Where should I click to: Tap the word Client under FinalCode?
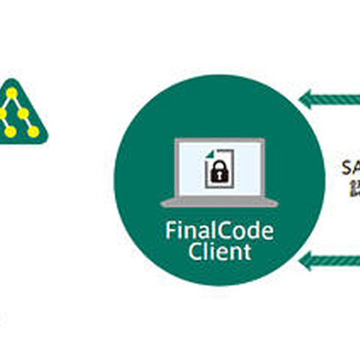pyautogui.click(x=220, y=252)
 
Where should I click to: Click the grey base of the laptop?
pyautogui.click(x=220, y=202)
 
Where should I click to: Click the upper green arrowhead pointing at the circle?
pyautogui.click(x=305, y=98)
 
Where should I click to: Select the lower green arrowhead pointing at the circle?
pyautogui.click(x=305, y=260)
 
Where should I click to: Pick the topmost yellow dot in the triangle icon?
pyautogui.click(x=13, y=93)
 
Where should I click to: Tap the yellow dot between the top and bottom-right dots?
pyautogui.click(x=23, y=113)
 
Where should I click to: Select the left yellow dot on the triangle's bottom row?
pyautogui.click(x=10, y=131)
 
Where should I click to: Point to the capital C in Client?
pyautogui.click(x=194, y=252)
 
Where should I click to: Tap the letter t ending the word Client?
pyautogui.click(x=247, y=252)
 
